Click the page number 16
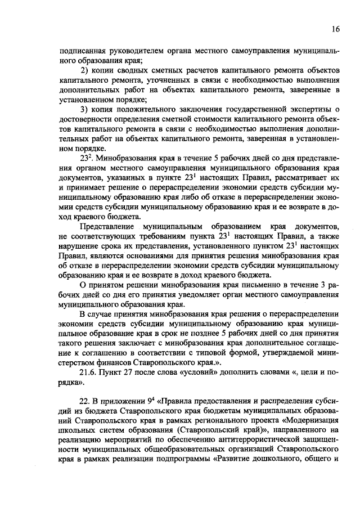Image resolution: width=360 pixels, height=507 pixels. (335, 29)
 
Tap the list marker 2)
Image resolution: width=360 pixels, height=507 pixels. (85, 70)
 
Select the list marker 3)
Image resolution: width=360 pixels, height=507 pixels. (85, 109)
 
